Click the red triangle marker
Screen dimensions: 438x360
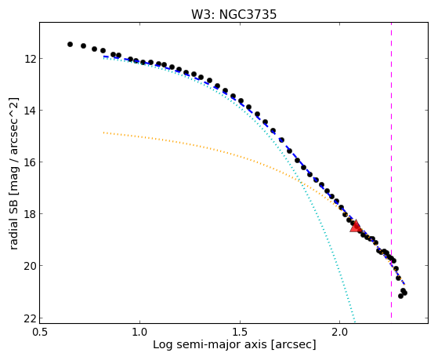(x=356, y=227)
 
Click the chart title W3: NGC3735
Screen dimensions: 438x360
(x=233, y=15)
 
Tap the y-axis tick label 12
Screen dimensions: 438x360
(x=30, y=59)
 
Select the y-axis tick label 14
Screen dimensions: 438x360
(x=30, y=111)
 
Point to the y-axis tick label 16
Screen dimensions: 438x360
(x=30, y=162)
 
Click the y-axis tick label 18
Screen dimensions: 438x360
(x=30, y=214)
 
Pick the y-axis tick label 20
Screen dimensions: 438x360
(x=30, y=266)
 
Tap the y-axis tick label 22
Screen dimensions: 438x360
(x=30, y=318)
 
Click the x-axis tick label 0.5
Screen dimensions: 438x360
(x=40, y=332)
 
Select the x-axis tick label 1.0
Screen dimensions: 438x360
(x=139, y=332)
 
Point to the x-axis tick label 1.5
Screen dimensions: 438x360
(x=240, y=332)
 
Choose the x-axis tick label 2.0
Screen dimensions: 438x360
(x=339, y=332)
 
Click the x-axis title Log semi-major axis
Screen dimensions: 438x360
(x=209, y=345)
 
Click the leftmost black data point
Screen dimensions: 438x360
(x=70, y=44)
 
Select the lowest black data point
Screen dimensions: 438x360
(x=400, y=296)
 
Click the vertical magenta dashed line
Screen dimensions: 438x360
(x=391, y=170)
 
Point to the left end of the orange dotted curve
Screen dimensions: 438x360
(x=103, y=133)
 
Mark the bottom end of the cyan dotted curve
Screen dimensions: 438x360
(x=355, y=322)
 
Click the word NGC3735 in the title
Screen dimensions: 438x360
(x=248, y=15)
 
